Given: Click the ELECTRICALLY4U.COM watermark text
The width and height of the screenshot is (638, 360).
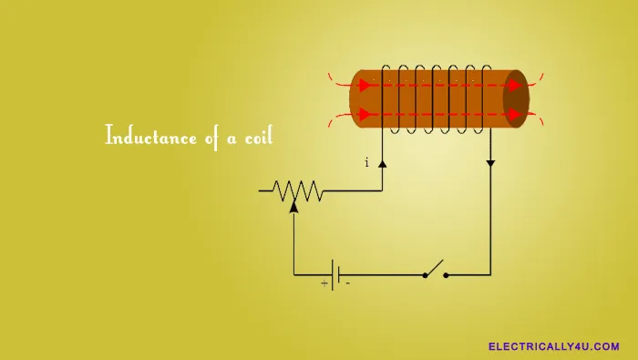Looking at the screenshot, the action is (554, 346).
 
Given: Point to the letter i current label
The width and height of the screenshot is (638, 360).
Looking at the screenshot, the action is (366, 163).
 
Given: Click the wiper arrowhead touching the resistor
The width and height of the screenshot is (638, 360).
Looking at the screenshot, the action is (293, 206).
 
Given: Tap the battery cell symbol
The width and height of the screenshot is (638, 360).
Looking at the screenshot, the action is (336, 273).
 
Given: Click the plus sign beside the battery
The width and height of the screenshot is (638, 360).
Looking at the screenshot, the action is (324, 283).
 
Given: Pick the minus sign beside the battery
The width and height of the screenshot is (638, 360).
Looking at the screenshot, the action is (347, 283).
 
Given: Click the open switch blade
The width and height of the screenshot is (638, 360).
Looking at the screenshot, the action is (435, 268).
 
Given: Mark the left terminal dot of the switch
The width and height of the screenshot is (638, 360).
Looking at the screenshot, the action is (425, 274).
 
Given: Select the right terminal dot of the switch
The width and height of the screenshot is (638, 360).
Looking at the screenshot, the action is (446, 274).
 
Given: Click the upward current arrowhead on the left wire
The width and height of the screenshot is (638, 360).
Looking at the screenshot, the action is (383, 164).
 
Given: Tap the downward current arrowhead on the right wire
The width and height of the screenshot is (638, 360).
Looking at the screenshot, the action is (490, 164).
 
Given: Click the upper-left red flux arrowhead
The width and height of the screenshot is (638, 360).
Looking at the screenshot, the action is (365, 86).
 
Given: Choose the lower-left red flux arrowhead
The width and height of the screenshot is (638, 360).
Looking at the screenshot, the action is (365, 115).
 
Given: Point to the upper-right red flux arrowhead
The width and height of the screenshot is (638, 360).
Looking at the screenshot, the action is (515, 86).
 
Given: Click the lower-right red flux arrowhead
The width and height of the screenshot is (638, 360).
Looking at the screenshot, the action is (515, 115).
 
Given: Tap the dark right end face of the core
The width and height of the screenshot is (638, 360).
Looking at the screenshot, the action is (516, 100).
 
